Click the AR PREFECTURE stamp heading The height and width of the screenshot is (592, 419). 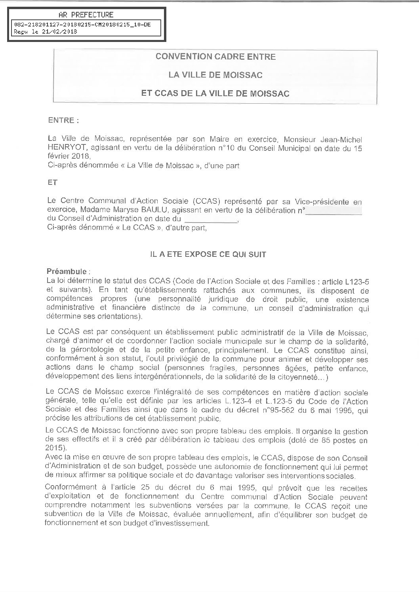(x=86, y=15)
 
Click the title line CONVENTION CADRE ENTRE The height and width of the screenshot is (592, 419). (x=215, y=57)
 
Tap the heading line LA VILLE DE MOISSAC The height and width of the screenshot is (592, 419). (x=215, y=75)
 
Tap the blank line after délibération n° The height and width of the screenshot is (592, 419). (x=335, y=212)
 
